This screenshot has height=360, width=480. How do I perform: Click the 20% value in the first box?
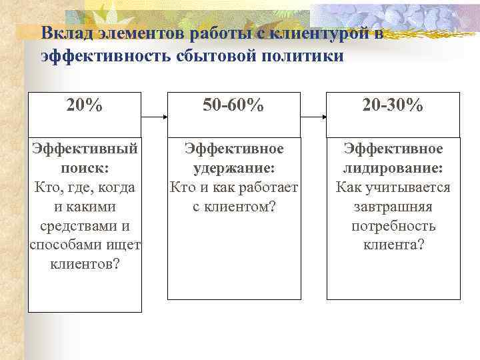pos(85,105)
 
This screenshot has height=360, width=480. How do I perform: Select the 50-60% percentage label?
pos(233,105)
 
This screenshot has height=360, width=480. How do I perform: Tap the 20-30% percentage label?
pos(393,105)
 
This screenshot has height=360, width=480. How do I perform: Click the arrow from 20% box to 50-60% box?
pos(154,117)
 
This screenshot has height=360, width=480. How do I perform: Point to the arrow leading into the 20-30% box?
pos(313,117)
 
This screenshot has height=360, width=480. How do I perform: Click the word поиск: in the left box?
pos(85,168)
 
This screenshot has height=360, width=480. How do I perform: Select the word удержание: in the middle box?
pos(233,168)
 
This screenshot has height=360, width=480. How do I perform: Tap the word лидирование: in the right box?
pos(393,168)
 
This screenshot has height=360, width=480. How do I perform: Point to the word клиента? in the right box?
pos(393,245)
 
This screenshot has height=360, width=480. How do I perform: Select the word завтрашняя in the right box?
pos(393,207)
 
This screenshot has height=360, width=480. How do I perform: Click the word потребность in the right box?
pos(393,225)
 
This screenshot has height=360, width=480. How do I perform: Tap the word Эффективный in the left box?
pos(85,149)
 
